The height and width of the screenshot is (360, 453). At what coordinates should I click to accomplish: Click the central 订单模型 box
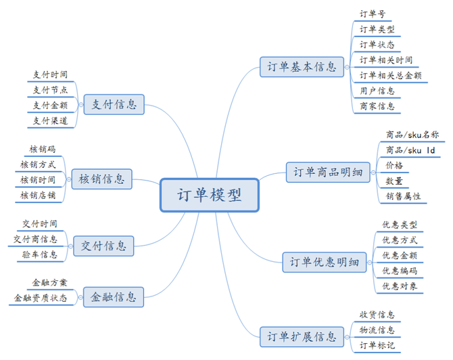click(210, 195)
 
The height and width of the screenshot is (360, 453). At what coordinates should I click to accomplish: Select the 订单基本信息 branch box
click(302, 67)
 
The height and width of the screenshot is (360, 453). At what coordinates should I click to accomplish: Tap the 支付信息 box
click(114, 104)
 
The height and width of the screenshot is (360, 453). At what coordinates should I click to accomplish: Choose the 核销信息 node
click(101, 179)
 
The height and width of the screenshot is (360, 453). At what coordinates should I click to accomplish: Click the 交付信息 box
click(103, 246)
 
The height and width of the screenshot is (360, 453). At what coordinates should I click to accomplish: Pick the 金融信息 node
click(114, 297)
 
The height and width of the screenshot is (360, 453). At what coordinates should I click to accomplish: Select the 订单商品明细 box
click(328, 173)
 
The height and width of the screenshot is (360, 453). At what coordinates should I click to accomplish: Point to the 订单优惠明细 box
click(325, 263)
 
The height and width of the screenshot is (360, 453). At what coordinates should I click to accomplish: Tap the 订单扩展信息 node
click(302, 337)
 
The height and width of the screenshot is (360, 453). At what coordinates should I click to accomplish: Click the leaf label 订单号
click(373, 14)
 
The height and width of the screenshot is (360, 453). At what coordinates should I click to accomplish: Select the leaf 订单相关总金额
click(390, 76)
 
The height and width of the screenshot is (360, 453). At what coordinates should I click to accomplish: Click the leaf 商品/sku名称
click(412, 135)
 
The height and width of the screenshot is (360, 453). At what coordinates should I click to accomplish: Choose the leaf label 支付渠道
click(50, 120)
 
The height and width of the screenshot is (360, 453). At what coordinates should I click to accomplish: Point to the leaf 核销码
click(42, 149)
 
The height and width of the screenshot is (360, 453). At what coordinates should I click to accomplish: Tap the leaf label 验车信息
click(40, 254)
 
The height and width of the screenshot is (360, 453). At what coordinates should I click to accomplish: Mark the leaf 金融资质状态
click(41, 298)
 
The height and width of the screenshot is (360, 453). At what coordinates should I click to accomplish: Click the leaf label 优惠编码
click(400, 271)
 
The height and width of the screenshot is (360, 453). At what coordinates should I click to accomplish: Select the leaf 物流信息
click(377, 330)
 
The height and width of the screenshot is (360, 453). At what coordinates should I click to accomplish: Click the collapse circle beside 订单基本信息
click(347, 67)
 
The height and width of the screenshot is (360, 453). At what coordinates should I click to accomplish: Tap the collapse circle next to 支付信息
click(81, 105)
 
